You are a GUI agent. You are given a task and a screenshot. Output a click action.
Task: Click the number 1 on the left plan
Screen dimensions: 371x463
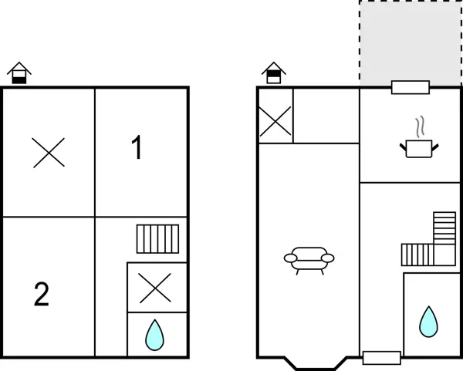tap(137, 147)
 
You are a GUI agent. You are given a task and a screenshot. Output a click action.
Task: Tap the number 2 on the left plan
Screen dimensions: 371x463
tap(42, 294)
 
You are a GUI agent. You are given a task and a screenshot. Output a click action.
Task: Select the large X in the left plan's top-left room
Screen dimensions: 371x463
tap(49, 152)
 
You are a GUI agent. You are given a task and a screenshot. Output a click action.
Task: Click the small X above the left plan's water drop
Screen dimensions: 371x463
tap(157, 288)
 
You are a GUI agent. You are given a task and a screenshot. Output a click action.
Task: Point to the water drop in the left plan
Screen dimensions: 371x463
tap(156, 334)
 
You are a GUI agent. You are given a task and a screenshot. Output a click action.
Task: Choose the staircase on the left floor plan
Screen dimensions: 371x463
tap(158, 239)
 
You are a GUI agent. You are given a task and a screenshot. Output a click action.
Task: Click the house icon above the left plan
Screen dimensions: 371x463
tap(19, 74)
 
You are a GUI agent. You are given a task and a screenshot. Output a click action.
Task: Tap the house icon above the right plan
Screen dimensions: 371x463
tap(274, 74)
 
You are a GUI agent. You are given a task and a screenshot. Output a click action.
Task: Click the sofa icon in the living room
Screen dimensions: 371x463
tap(308, 259)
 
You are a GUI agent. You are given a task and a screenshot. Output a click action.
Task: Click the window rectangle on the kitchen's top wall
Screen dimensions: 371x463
tap(411, 87)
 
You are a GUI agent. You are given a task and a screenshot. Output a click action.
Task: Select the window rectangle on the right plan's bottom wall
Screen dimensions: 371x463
tap(381, 357)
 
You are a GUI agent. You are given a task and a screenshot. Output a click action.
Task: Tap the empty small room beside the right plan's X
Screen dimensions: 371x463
tap(326, 116)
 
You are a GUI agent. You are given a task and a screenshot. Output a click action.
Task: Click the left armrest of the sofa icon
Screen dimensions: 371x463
tap(289, 258)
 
